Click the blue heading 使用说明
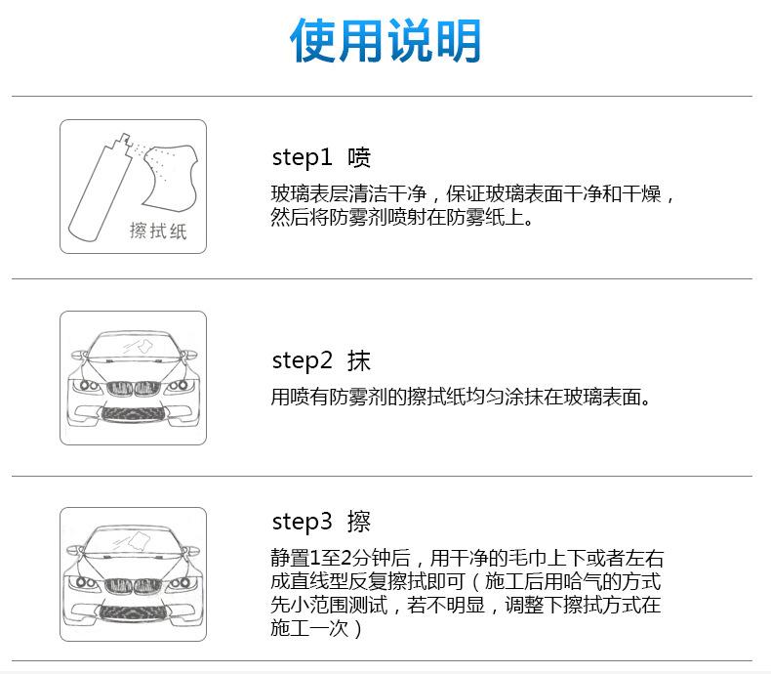(x=385, y=42)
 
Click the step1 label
(x=302, y=157)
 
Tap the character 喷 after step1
(x=359, y=157)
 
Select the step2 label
(x=303, y=360)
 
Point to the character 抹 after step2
(x=359, y=360)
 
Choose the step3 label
(x=303, y=521)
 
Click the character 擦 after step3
(x=359, y=521)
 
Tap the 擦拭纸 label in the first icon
(x=157, y=231)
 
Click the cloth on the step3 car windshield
(x=138, y=542)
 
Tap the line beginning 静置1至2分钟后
(x=467, y=559)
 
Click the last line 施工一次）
(x=317, y=628)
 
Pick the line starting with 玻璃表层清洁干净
(x=472, y=193)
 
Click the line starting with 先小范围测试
(x=466, y=605)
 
